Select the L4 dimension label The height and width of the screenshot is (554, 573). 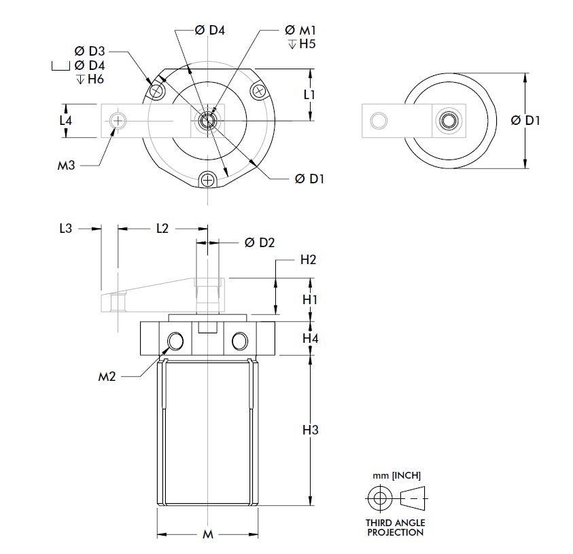(65, 120)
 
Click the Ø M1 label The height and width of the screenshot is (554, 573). (299, 30)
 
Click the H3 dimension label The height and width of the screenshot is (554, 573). (310, 430)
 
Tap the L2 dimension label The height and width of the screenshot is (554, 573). (162, 229)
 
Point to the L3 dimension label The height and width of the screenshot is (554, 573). (65, 229)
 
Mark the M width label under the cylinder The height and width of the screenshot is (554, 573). (208, 535)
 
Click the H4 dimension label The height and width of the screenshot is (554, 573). (310, 337)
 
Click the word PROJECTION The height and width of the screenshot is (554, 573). (396, 532)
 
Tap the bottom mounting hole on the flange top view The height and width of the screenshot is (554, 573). (207, 180)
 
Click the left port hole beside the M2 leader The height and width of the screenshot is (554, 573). (176, 341)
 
